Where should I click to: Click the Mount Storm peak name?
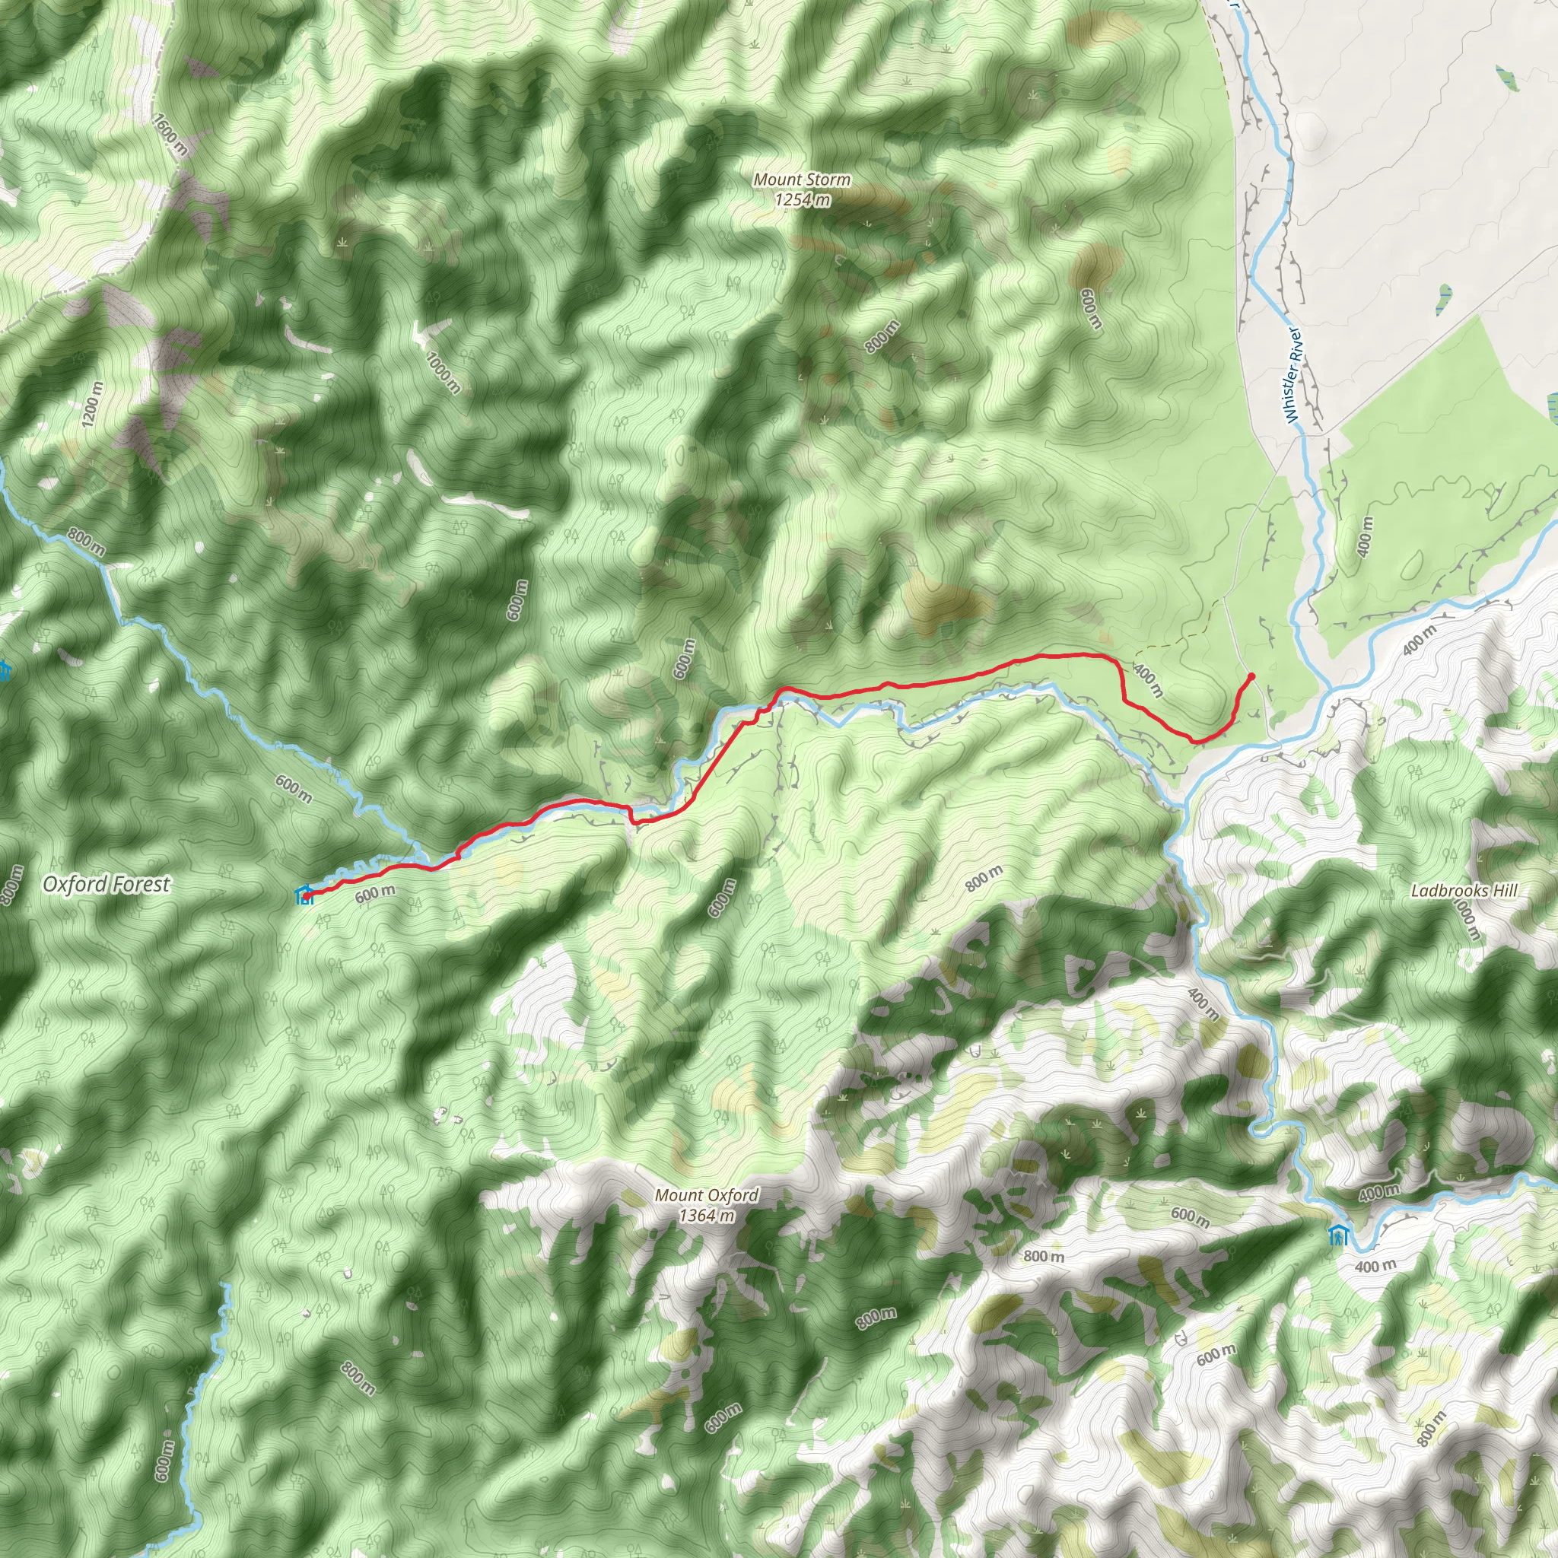(x=802, y=180)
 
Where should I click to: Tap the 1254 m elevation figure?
(x=802, y=199)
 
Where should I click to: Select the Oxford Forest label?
(x=107, y=885)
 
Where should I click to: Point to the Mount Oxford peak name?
(x=707, y=1195)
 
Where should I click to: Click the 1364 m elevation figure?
(x=707, y=1214)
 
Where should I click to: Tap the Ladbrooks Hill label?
(x=1464, y=891)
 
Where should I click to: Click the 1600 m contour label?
(x=170, y=134)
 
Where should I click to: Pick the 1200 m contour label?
(x=93, y=404)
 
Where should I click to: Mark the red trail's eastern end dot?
(x=1251, y=675)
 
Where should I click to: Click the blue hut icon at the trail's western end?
(x=304, y=895)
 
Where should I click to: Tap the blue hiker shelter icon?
(x=1338, y=1235)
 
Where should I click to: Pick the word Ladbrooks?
(x=1447, y=891)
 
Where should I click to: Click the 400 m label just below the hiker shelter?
(x=1374, y=1266)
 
